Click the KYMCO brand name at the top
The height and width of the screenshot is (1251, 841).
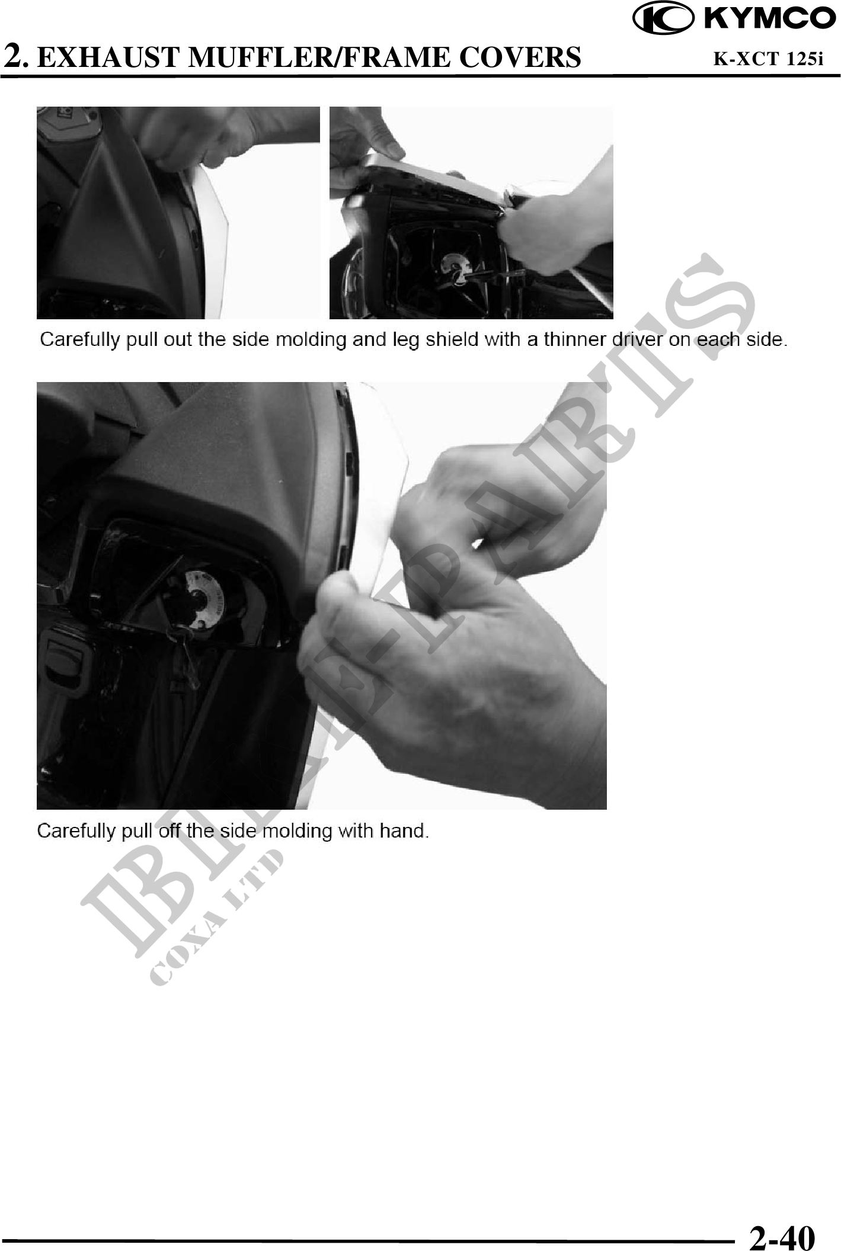pos(769,18)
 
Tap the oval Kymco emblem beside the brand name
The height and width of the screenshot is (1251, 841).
pos(664,19)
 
